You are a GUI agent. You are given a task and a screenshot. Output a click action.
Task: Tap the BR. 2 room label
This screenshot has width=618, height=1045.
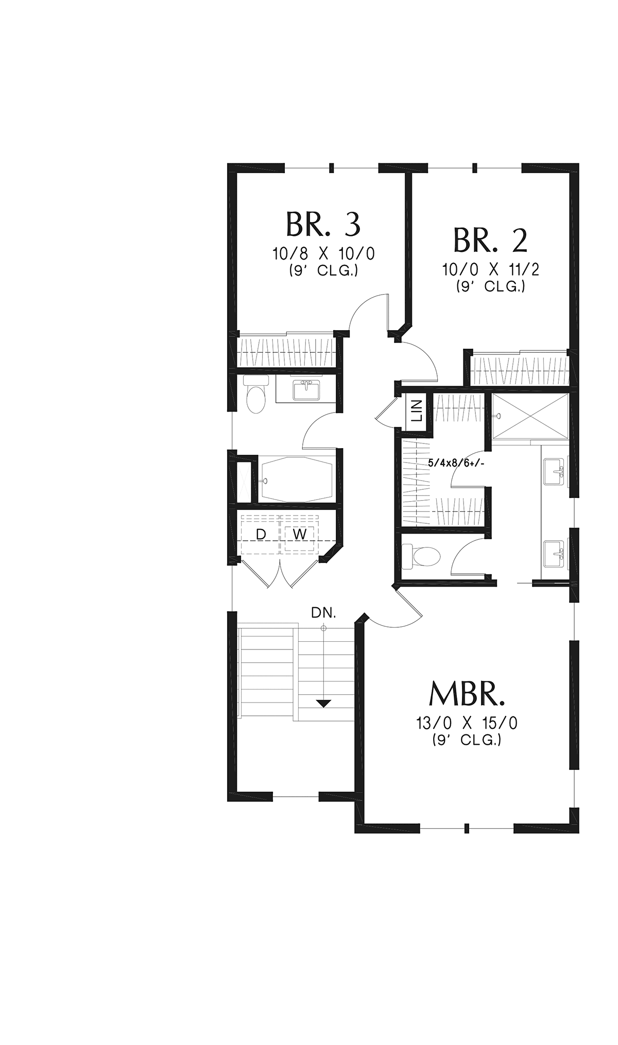(x=490, y=240)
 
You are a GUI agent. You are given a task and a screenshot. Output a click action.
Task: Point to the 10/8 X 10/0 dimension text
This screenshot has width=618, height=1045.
(x=323, y=254)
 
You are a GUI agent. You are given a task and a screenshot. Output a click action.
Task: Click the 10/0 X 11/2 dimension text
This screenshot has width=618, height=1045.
(x=490, y=269)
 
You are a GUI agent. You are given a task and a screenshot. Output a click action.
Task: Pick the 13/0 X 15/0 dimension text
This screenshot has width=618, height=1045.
(x=467, y=723)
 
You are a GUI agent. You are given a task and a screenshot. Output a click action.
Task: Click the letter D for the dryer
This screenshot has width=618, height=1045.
(x=261, y=535)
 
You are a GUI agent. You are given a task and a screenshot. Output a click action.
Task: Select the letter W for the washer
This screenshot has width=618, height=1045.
(x=300, y=535)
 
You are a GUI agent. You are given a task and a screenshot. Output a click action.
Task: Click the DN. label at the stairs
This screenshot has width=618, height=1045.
(x=323, y=613)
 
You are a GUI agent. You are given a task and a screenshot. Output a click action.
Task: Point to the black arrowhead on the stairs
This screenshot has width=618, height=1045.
(x=323, y=703)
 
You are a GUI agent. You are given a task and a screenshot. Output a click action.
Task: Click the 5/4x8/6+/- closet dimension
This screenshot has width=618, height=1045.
(x=456, y=463)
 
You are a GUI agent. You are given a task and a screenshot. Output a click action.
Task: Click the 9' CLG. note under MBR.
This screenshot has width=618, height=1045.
(x=467, y=740)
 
